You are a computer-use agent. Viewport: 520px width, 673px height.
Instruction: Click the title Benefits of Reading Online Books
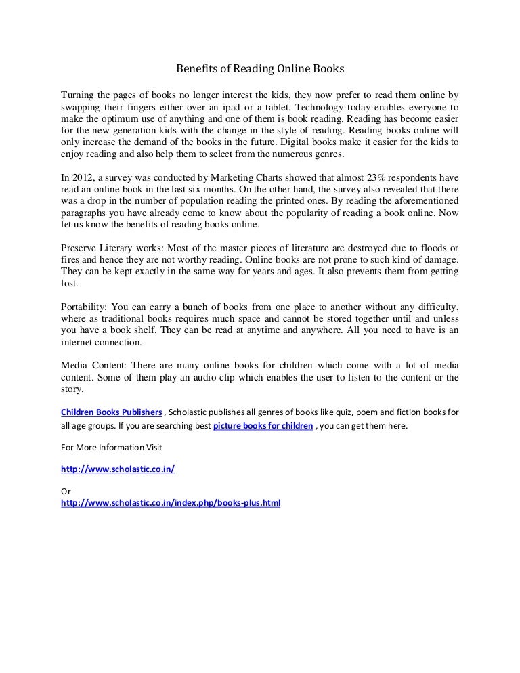click(261, 69)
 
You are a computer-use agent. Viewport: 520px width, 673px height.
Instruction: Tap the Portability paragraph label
click(82, 305)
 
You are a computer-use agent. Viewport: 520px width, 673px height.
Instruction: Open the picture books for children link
click(263, 427)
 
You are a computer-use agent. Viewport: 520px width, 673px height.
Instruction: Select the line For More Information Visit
click(112, 448)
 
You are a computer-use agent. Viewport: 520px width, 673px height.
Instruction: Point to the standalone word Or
click(66, 492)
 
